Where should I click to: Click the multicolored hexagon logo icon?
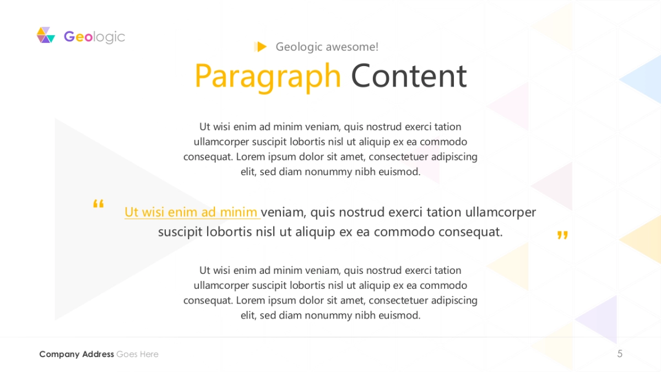point(46,35)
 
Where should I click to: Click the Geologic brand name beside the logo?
point(94,37)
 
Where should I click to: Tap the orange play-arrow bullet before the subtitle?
point(261,47)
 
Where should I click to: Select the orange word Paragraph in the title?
point(268,77)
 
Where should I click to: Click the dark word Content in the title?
point(409,76)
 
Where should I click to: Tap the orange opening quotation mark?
point(98,204)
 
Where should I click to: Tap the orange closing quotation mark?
point(562,235)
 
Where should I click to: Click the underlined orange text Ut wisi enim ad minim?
point(191,212)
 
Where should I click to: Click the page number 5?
point(620,354)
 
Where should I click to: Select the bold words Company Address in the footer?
point(77,354)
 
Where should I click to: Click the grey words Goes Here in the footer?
point(138,354)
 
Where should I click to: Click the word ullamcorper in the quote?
point(501,213)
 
